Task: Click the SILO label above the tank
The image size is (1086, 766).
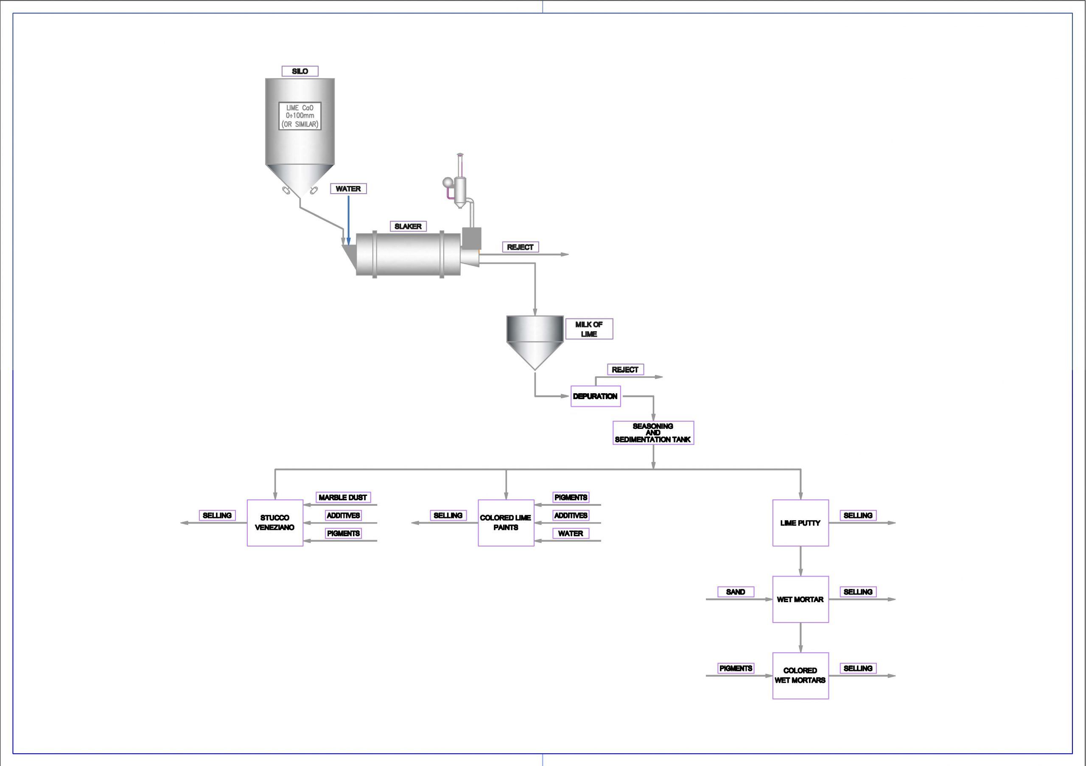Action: coord(300,71)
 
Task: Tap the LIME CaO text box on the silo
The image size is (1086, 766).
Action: coord(300,116)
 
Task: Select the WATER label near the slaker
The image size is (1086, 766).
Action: coord(348,189)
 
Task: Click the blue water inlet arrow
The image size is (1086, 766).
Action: coord(349,220)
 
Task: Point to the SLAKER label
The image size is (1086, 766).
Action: coord(408,226)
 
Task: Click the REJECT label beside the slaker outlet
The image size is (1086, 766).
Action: coord(520,247)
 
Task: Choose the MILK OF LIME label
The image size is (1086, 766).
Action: coord(589,329)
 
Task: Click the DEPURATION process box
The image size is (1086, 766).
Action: coord(595,396)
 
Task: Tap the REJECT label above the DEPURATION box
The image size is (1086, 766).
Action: coord(625,369)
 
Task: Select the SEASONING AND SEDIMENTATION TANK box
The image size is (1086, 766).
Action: coord(653,433)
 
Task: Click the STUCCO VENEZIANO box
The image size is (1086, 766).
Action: coord(275,523)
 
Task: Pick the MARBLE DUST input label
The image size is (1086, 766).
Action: coord(343,498)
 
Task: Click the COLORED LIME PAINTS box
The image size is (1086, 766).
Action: coord(506,523)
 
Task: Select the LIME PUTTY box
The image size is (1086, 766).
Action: coord(801,523)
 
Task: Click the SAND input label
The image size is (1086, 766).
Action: coord(736,592)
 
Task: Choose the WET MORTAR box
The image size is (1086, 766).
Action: coord(801,600)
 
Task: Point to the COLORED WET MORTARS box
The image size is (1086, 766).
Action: coord(801,676)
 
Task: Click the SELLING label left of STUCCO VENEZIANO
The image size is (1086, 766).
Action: coord(217,515)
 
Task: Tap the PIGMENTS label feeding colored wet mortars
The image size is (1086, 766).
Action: coord(736,668)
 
